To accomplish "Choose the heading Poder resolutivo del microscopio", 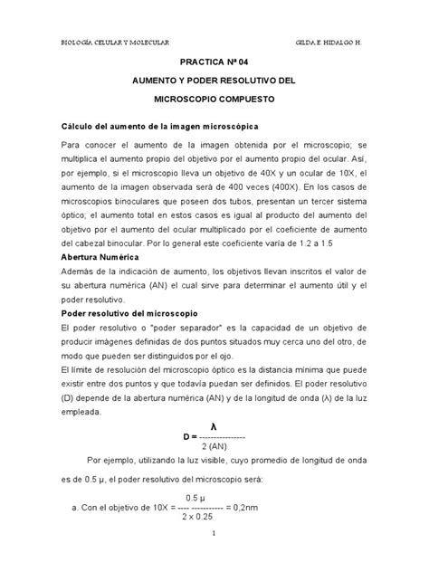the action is click(x=129, y=311).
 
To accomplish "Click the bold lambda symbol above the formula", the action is click(x=214, y=425).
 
